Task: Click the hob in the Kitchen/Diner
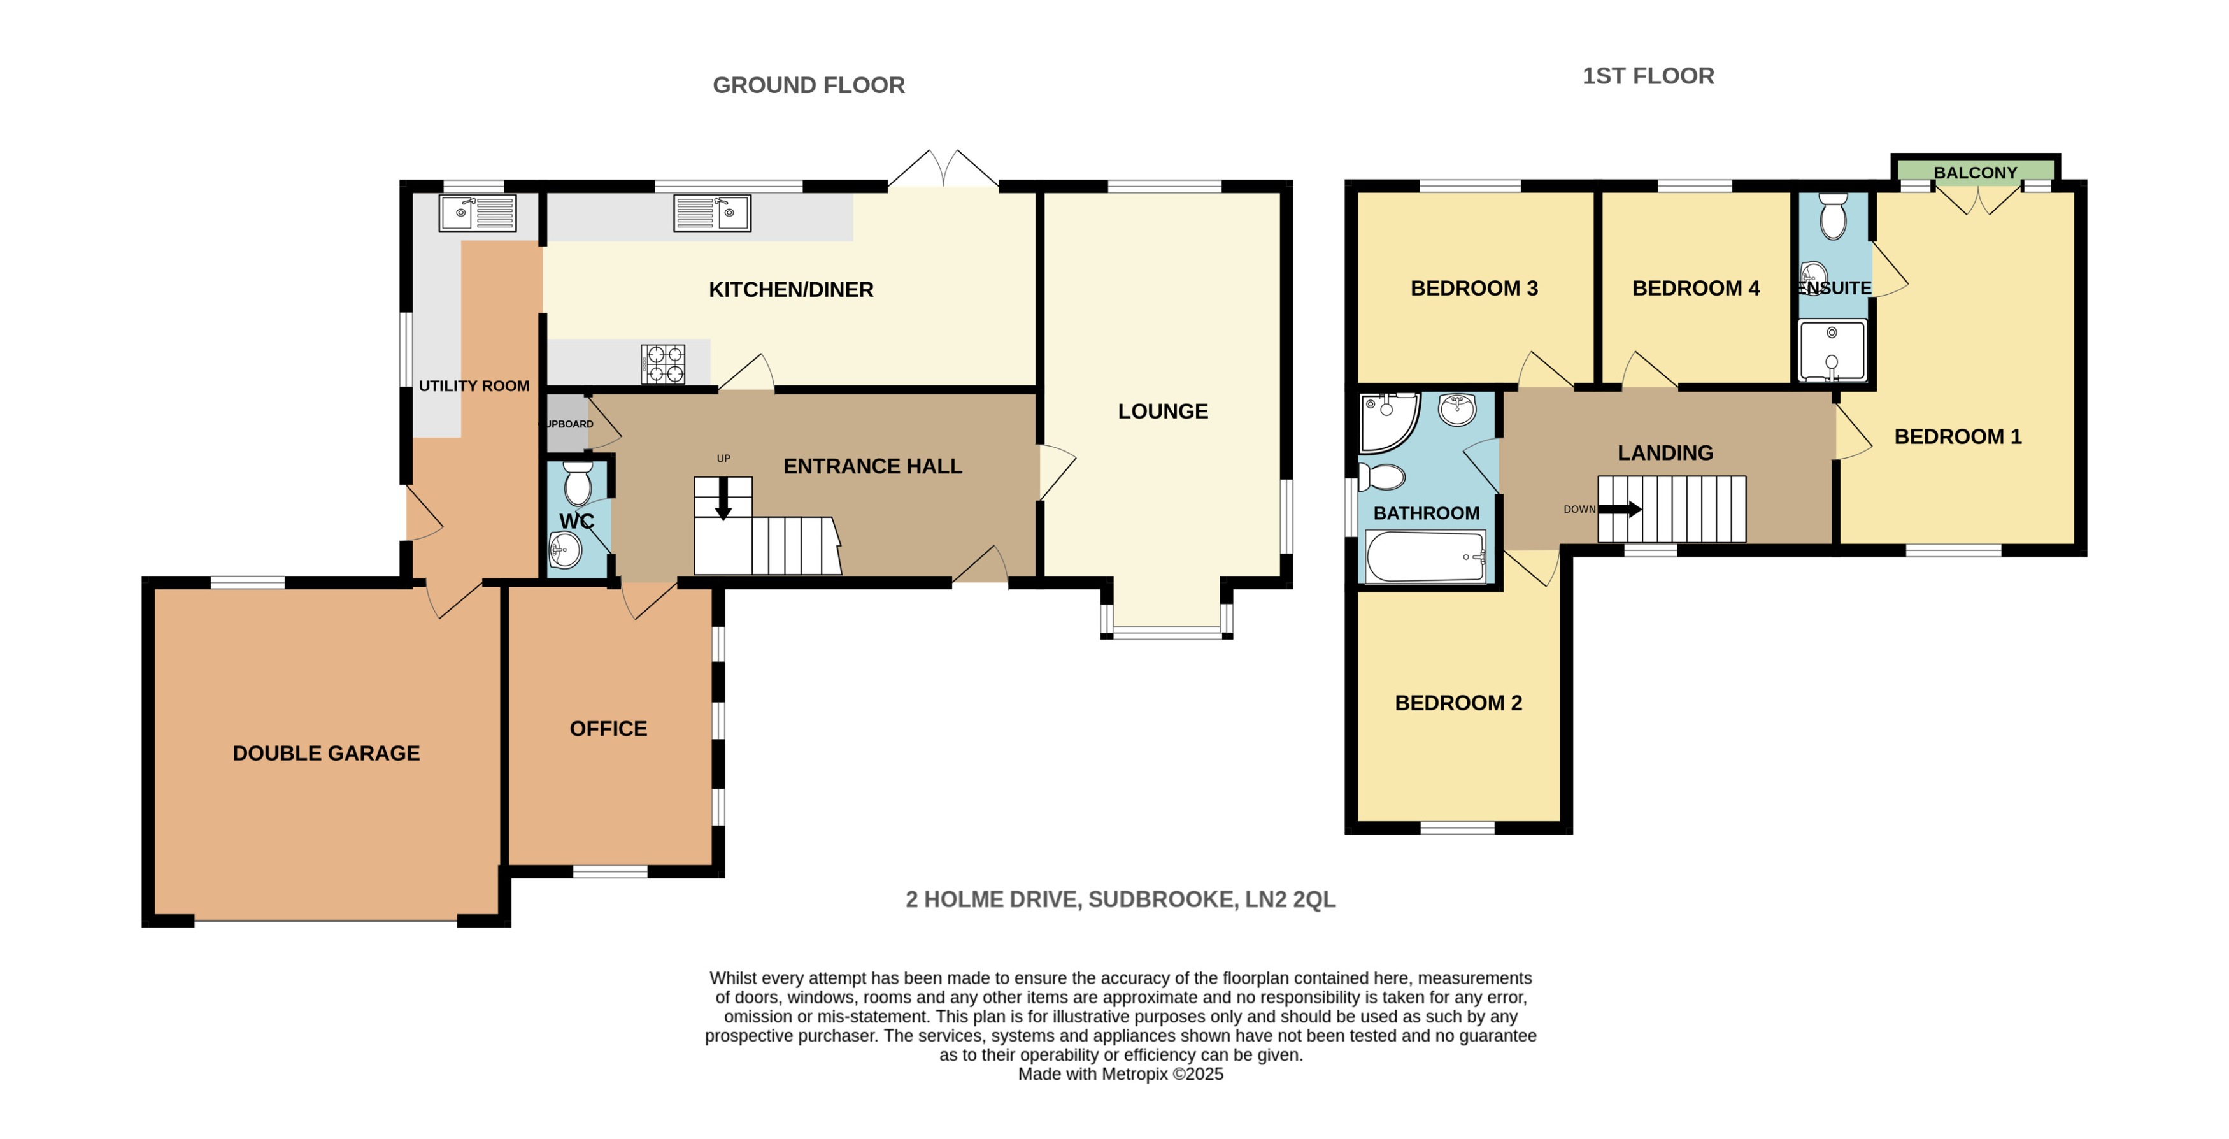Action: tap(664, 364)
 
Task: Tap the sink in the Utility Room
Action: tap(477, 212)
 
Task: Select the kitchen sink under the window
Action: tap(712, 212)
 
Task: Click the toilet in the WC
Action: tap(577, 482)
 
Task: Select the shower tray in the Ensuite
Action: tap(1832, 350)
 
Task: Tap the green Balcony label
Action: tap(1976, 172)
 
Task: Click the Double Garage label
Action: tap(326, 753)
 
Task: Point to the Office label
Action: tap(608, 729)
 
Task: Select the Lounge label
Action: tap(1162, 411)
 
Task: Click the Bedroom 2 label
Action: tap(1458, 703)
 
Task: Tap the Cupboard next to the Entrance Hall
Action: tap(567, 423)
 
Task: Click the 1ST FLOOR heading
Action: tap(1648, 76)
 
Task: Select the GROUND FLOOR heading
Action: tap(808, 85)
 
